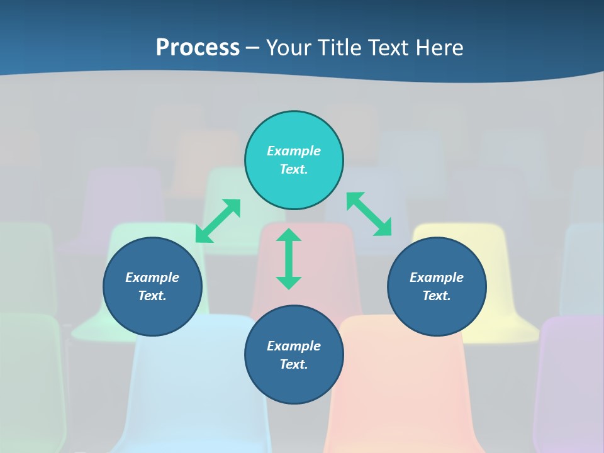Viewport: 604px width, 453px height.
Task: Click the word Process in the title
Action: pyautogui.click(x=198, y=48)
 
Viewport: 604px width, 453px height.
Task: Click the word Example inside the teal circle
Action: pyautogui.click(x=294, y=151)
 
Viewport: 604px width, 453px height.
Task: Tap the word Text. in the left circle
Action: pyautogui.click(x=152, y=296)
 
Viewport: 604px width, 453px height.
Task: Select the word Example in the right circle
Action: pyautogui.click(x=437, y=277)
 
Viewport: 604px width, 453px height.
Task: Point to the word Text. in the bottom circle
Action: pyautogui.click(x=294, y=364)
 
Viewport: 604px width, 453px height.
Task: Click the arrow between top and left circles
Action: pyautogui.click(x=218, y=221)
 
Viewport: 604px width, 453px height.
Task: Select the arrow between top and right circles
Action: pyautogui.click(x=369, y=214)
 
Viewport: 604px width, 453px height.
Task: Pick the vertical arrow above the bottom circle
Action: pyautogui.click(x=289, y=259)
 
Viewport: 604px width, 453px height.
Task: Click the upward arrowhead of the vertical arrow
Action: pyautogui.click(x=289, y=235)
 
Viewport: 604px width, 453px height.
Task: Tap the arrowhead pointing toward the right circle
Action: pyautogui.click(x=384, y=228)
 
